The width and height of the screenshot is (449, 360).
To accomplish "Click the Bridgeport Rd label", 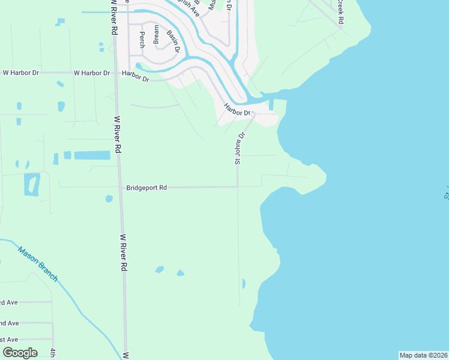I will tap(146, 188).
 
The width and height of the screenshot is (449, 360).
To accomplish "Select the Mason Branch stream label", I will tap(38, 264).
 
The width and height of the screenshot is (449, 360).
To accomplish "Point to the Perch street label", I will tap(142, 40).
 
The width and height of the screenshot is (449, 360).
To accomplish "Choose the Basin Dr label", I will tap(174, 41).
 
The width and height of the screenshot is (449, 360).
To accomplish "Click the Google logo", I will tap(20, 353).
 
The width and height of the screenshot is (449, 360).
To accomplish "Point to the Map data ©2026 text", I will tap(424, 355).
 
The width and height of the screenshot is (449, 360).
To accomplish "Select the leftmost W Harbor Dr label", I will tap(21, 73).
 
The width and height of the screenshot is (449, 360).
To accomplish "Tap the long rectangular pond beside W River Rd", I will tap(92, 155).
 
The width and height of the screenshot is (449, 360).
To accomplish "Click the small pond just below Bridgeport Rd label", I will tap(109, 199).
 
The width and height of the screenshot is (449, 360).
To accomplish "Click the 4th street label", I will tap(53, 353).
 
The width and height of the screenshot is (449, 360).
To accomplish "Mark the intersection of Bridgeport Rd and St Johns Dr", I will tap(238, 187).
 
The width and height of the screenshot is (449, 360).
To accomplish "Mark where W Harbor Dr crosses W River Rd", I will tap(115, 73).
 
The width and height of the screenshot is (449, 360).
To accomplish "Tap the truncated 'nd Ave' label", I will tap(9, 323).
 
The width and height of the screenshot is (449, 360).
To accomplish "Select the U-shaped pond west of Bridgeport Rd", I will tap(32, 184).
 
